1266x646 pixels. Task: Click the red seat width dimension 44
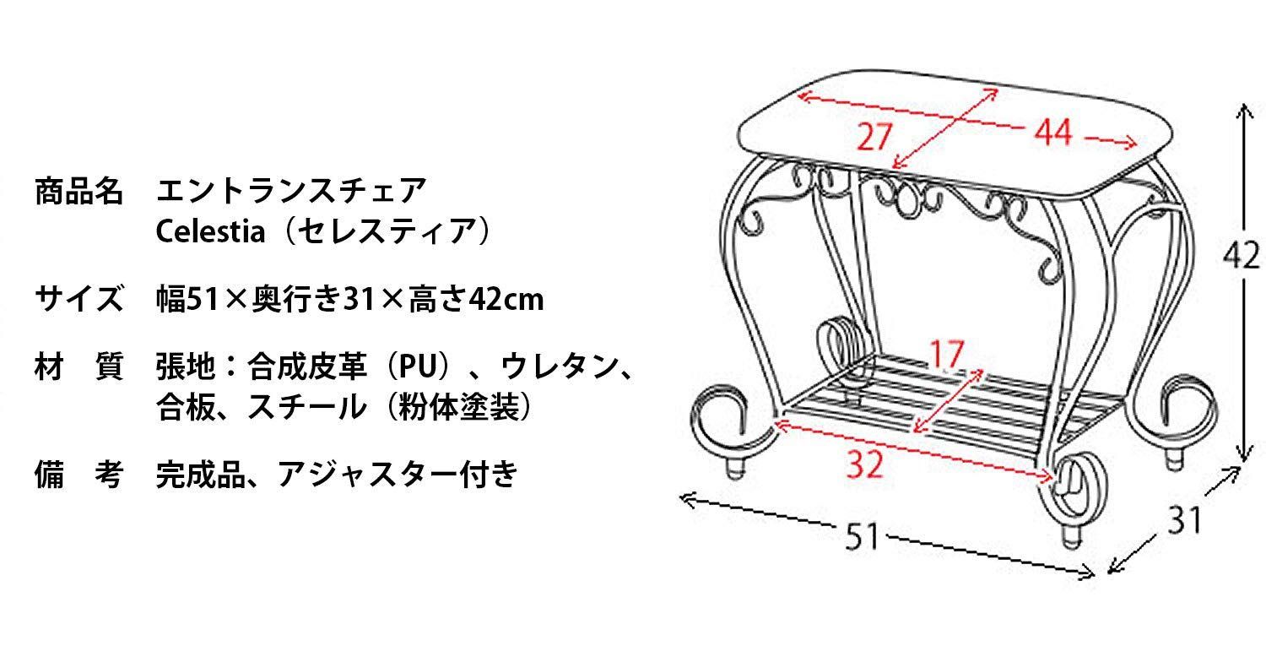tap(1053, 133)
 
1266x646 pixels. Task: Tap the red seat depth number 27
tap(874, 137)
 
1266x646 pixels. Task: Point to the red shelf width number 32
tap(864, 465)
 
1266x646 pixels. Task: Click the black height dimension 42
tap(1242, 256)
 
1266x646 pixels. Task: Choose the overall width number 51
tap(863, 536)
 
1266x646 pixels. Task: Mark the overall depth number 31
tap(1184, 520)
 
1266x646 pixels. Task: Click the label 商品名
tap(78, 191)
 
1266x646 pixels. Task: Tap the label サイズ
tap(78, 298)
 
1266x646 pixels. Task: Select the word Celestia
tap(210, 231)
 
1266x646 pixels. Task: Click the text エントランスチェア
tap(291, 191)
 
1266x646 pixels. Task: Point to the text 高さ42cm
tap(476, 299)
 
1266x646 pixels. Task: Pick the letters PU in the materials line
tap(419, 366)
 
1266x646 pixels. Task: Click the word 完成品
tap(201, 475)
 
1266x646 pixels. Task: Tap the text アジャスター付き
tap(398, 475)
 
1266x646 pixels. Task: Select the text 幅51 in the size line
tap(187, 299)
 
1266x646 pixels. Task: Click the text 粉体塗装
tap(457, 407)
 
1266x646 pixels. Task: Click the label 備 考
tap(78, 475)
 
